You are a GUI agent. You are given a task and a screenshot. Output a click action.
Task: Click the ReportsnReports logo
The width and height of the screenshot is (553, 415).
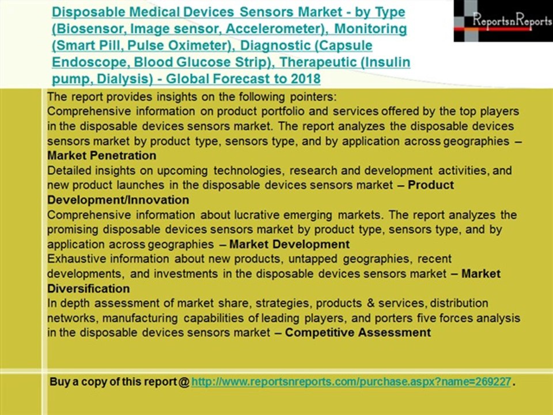pos(503,21)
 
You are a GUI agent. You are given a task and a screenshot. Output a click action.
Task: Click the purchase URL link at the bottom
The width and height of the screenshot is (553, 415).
pos(351,382)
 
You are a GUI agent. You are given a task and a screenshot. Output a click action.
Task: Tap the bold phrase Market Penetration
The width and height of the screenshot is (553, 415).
pos(101,156)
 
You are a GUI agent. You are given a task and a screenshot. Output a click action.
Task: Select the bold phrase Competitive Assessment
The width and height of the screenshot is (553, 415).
pos(358,333)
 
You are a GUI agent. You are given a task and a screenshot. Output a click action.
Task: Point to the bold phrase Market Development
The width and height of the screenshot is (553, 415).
pos(289,244)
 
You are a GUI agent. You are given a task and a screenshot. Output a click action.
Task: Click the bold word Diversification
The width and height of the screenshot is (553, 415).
pos(88,289)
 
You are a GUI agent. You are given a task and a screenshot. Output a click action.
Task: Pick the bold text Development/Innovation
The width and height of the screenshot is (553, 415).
pos(118,200)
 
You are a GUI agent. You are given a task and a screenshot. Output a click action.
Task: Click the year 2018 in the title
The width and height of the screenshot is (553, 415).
pos(306,78)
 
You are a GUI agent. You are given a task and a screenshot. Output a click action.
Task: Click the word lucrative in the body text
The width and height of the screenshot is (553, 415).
pos(255,215)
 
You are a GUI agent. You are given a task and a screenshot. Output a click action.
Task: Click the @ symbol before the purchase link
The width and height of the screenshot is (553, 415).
pos(184,382)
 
